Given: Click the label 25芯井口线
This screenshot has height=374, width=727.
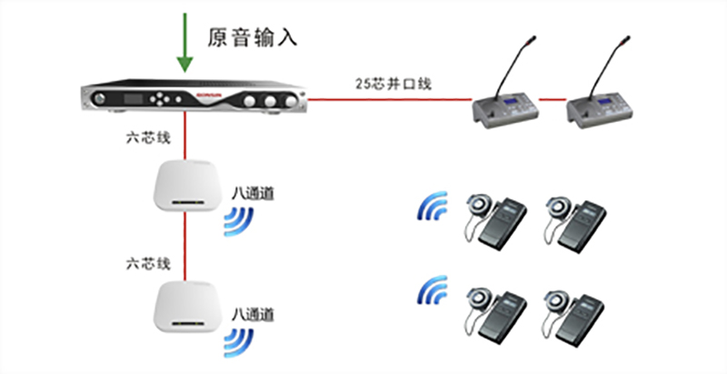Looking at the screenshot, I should [x=393, y=84].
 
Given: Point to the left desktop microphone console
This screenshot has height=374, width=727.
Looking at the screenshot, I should [x=506, y=104].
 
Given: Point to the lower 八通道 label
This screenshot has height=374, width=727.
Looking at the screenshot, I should [x=254, y=314].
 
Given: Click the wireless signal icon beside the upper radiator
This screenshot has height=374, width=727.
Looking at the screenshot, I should [x=241, y=220].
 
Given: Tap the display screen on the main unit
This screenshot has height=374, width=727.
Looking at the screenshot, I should [x=135, y=96].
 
